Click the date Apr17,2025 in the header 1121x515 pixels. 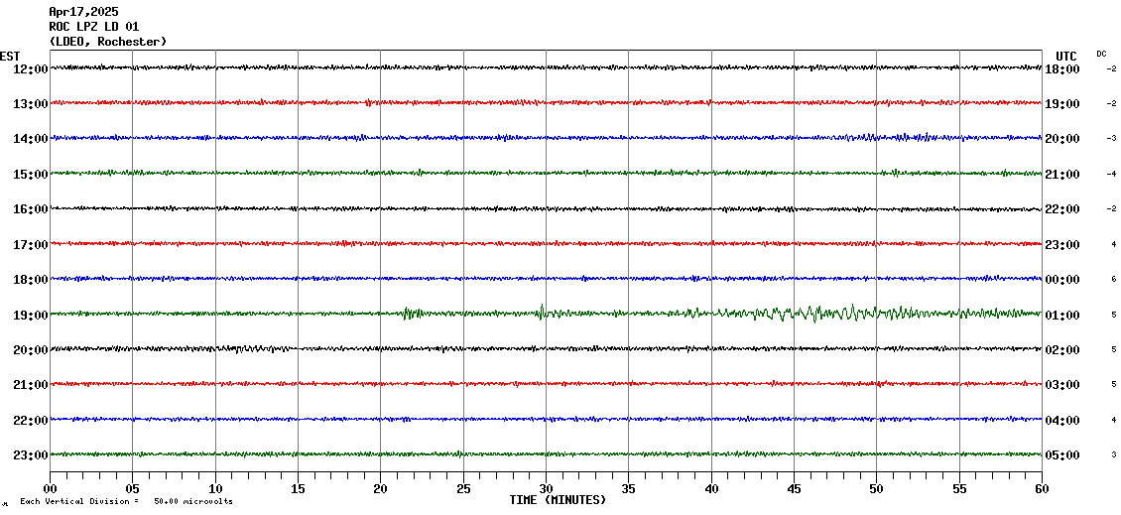pos(83,12)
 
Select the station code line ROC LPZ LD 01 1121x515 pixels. pos(94,27)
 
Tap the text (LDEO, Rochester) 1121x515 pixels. pos(108,42)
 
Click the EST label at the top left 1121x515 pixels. pos(10,56)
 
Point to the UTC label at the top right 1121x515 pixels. pos(1066,56)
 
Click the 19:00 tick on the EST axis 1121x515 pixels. pos(29,315)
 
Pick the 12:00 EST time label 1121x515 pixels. pos(29,68)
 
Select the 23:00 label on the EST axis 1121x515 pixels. pos(29,455)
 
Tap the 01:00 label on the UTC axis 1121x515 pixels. pos(1062,315)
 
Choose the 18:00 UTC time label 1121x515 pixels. pos(1062,68)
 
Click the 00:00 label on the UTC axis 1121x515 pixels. pos(1062,280)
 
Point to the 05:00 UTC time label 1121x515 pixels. pos(1062,455)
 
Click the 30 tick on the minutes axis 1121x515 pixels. pos(546,489)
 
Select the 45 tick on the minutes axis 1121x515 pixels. pos(794,489)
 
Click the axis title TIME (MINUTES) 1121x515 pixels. pos(558,500)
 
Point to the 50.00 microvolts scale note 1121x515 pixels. pos(193,501)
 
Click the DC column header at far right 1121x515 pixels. pos(1101,54)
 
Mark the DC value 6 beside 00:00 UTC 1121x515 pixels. pos(1114,280)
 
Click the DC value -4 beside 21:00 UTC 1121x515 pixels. pos(1112,174)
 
